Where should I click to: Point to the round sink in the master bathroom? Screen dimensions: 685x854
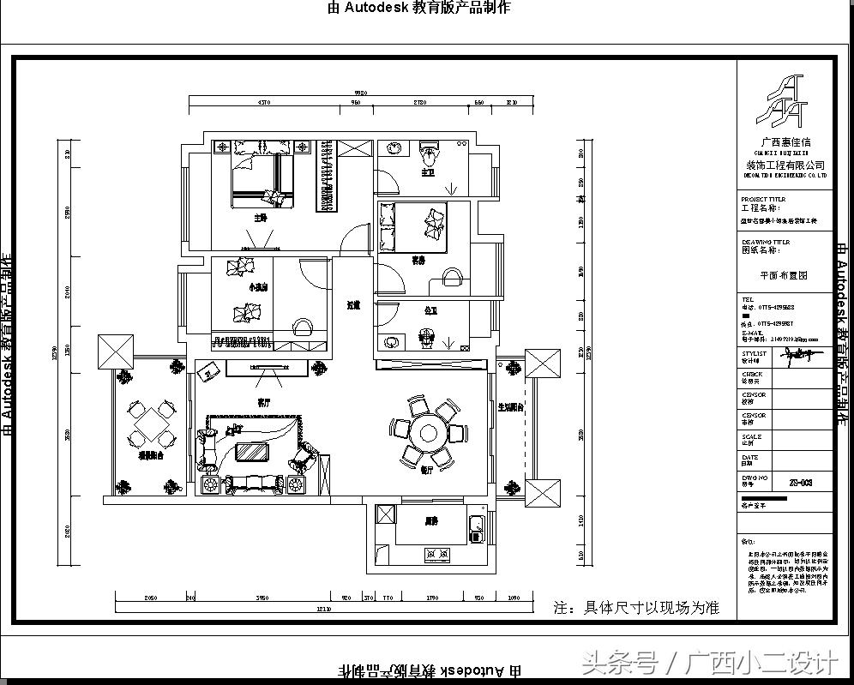pos(394,148)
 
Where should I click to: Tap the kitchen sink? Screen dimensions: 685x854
pos(478,524)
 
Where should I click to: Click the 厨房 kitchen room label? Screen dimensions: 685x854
pos(430,520)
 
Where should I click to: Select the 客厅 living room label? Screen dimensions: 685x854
pos(264,400)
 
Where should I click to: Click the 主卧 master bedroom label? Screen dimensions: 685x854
pos(260,218)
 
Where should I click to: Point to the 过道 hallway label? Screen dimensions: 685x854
pos(352,304)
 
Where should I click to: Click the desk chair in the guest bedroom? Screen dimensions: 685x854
pos(451,277)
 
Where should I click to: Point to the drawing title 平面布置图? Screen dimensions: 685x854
pos(784,276)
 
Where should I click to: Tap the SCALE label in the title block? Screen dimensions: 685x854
pos(751,436)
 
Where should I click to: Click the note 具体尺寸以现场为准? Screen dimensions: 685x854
pos(635,608)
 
